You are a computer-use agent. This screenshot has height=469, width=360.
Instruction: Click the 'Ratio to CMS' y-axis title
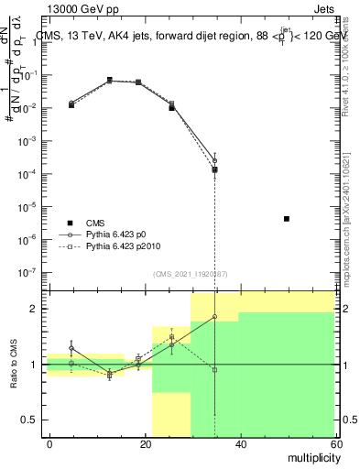click(x=15, y=365)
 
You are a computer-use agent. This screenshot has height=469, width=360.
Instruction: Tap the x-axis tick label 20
click(x=146, y=443)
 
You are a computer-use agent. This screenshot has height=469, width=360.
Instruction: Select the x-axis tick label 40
click(x=240, y=443)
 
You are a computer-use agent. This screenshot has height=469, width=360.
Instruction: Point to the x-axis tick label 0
click(x=50, y=443)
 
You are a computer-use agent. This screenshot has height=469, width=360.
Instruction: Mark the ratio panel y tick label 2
click(x=37, y=309)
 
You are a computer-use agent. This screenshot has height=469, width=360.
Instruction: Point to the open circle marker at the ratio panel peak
click(x=214, y=317)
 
